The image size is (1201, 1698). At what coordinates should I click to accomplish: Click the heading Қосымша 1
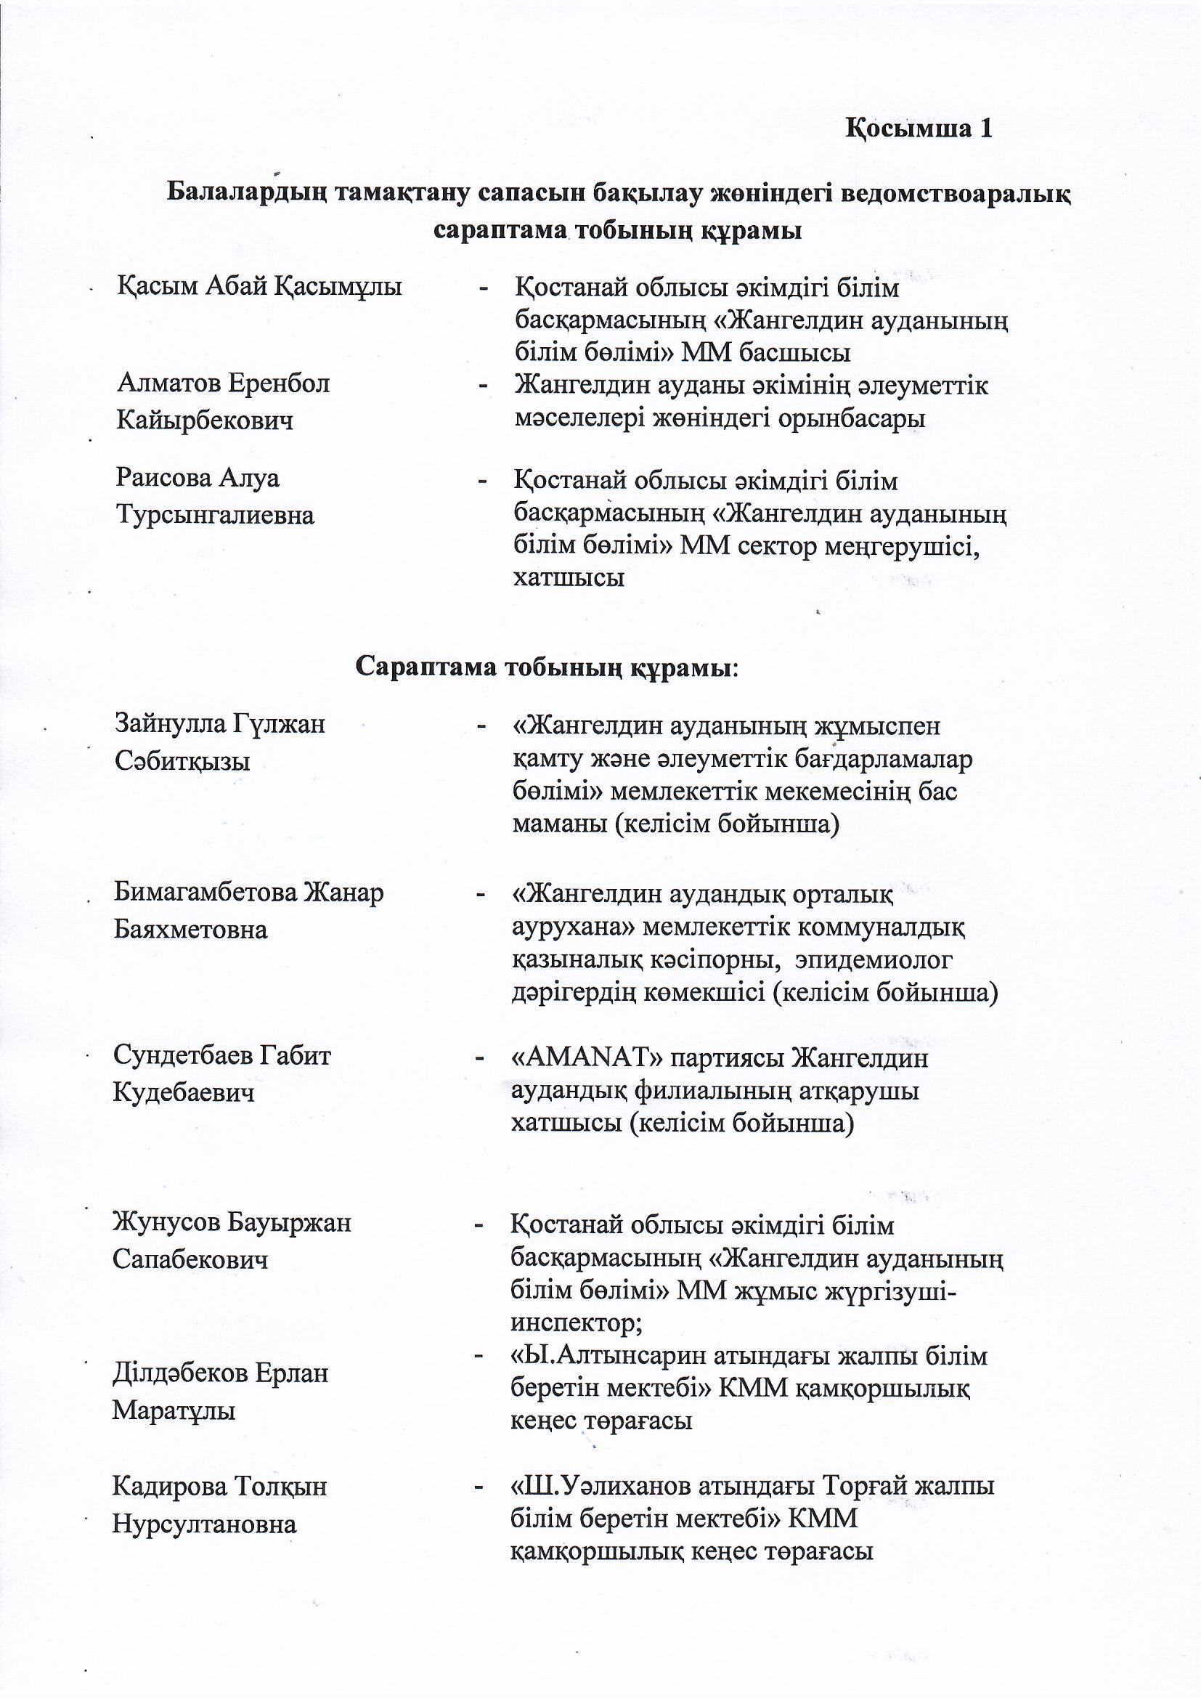(x=919, y=129)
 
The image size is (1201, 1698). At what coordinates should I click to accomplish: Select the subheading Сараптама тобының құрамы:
(x=548, y=668)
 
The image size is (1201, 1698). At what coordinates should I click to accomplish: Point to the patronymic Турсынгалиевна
(x=215, y=516)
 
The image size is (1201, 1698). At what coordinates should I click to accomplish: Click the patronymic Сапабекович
(x=190, y=1259)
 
